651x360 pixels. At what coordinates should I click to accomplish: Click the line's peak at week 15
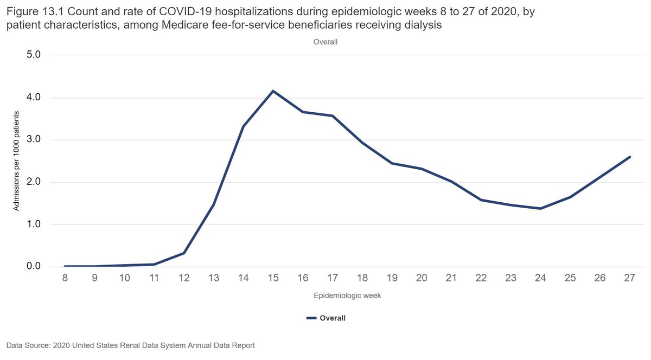[273, 91]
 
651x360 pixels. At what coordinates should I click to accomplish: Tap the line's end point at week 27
[629, 157]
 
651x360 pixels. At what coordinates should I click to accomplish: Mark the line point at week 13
[214, 204]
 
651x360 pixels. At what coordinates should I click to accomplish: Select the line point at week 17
[332, 115]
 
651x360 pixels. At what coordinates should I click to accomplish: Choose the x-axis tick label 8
[65, 278]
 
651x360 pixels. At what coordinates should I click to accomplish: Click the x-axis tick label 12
[184, 278]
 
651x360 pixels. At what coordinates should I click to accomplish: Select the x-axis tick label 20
[422, 278]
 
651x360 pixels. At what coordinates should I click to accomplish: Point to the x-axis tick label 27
[629, 278]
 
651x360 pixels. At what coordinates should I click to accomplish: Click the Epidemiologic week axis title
[347, 296]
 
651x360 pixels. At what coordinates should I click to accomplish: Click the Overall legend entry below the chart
[326, 318]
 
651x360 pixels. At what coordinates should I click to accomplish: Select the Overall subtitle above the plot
[325, 42]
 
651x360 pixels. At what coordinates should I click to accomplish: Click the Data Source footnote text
[131, 345]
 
